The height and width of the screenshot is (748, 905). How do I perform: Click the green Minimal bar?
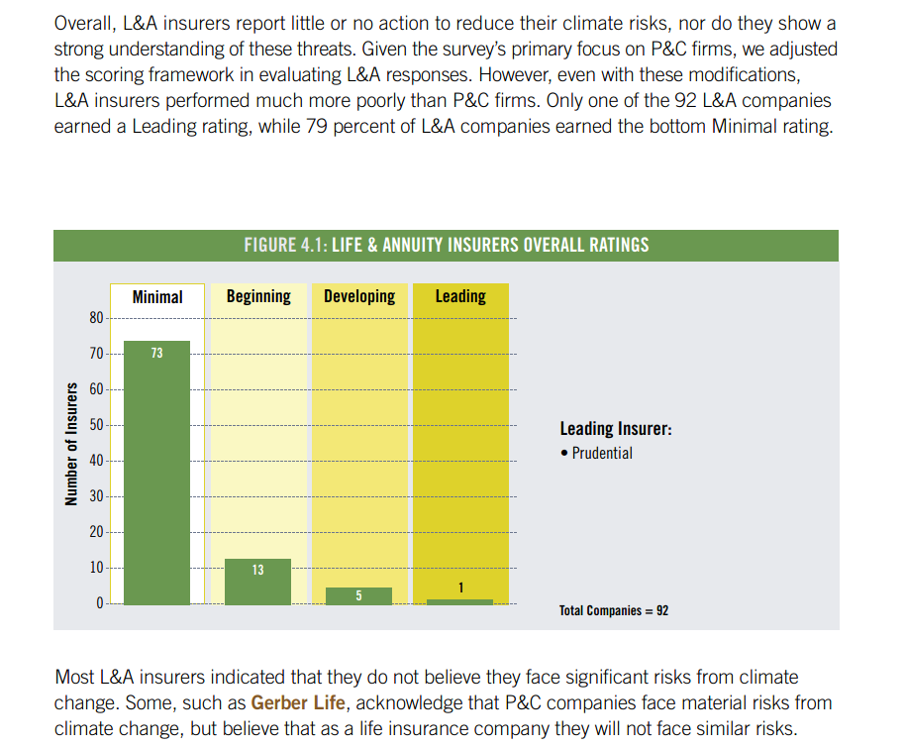coord(157,473)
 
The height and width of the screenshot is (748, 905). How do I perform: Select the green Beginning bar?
coord(258,582)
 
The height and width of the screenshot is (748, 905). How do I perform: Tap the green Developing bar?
coord(359,596)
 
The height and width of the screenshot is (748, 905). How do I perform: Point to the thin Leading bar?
coord(460,601)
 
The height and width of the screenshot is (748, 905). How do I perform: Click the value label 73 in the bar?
coord(157,353)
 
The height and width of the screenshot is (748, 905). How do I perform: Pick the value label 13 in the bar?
coord(258,570)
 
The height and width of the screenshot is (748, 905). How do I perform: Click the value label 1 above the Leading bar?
coord(460,588)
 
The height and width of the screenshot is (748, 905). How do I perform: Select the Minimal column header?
coord(157,297)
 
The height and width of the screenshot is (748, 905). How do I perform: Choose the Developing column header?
coord(359,296)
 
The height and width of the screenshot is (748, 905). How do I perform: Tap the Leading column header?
coord(460,296)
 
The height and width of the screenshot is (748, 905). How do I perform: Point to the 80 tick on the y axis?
coord(96,318)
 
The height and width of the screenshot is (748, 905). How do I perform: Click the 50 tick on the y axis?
coord(96,425)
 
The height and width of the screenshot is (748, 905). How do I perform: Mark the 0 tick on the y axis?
coord(100,603)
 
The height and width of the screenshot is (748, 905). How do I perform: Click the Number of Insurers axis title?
coord(71,444)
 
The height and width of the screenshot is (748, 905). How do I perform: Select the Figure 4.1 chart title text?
coord(447,245)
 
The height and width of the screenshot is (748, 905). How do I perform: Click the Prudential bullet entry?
coord(596,453)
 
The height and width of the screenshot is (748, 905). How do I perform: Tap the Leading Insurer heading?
coord(616,429)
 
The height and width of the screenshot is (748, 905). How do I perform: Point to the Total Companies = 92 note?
coord(614,610)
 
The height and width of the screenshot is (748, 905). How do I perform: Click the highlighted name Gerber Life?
coord(298,702)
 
